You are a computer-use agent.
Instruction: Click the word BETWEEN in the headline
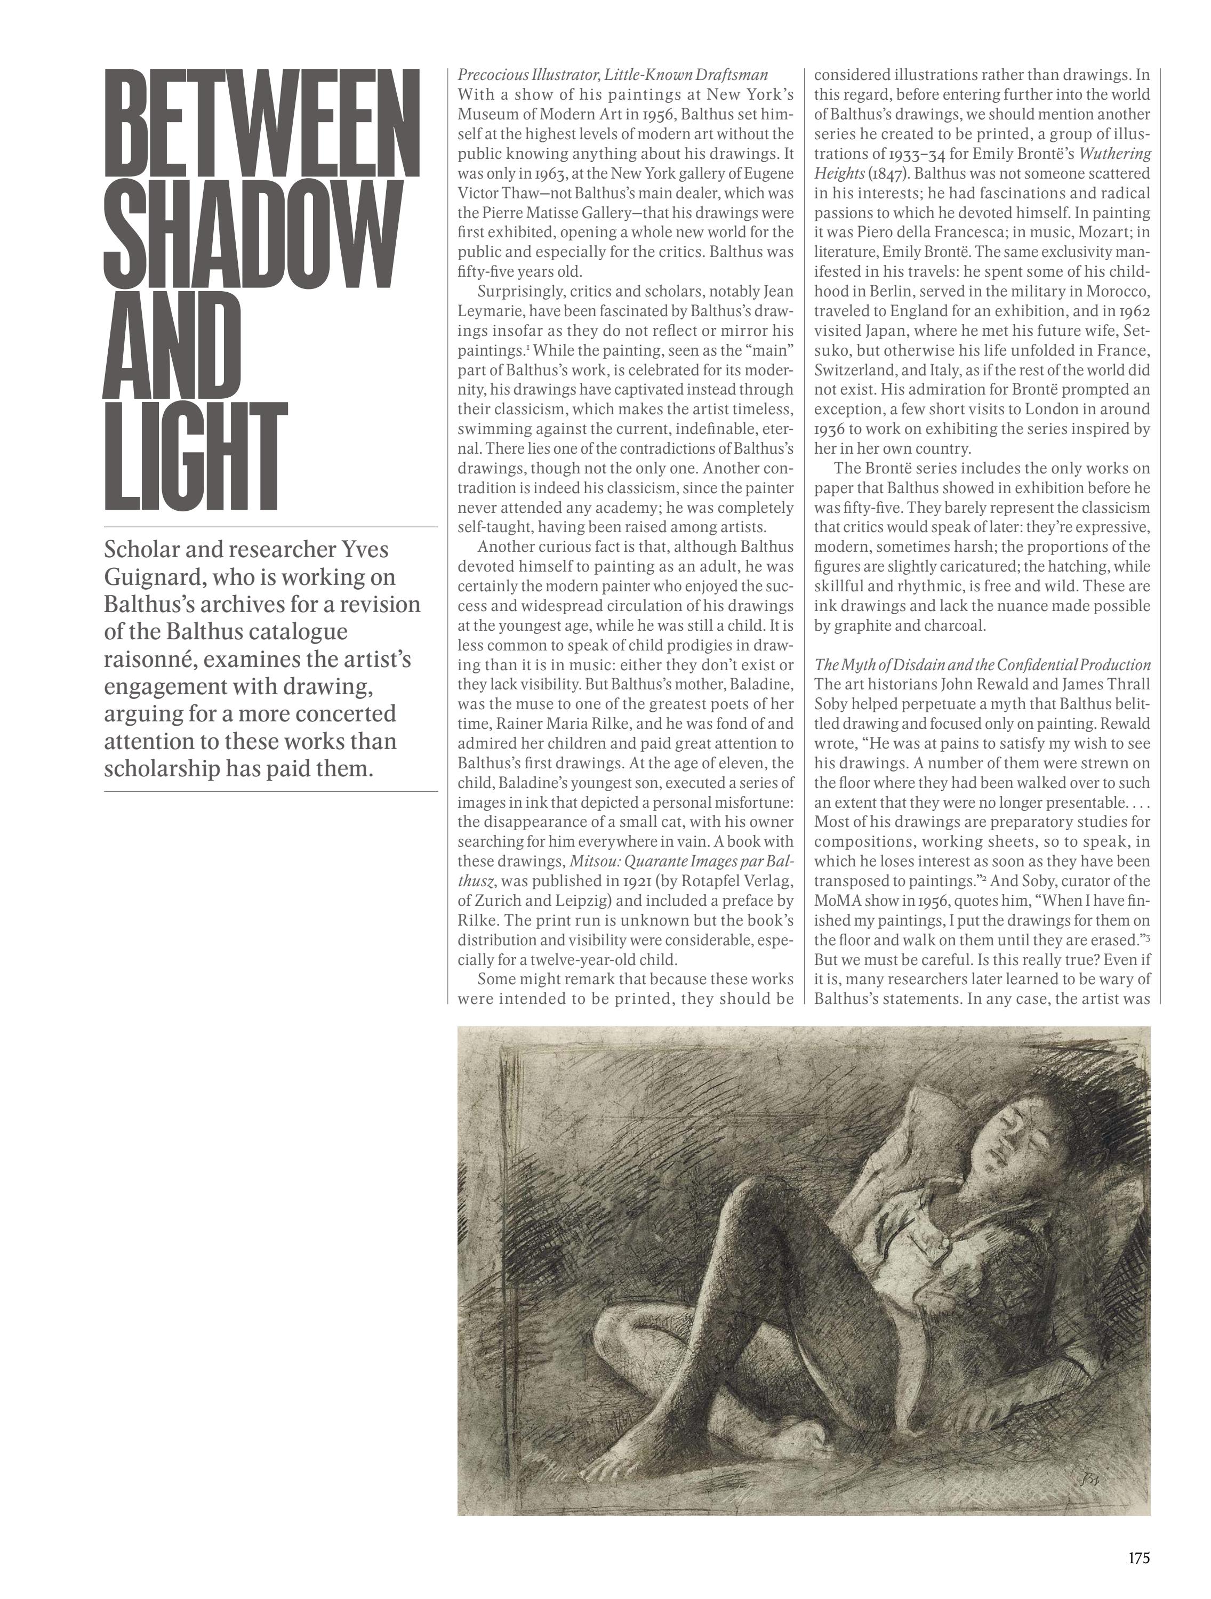pyautogui.click(x=262, y=123)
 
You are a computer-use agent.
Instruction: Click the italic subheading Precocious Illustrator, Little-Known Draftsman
pyautogui.click(x=612, y=75)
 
